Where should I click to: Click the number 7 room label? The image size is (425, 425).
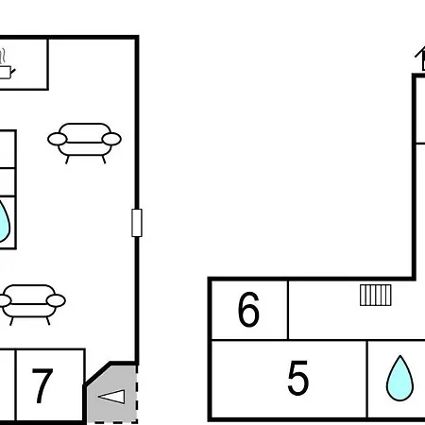(x=42, y=385)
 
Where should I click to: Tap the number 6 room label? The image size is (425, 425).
(x=248, y=309)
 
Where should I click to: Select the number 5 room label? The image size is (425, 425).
(x=298, y=378)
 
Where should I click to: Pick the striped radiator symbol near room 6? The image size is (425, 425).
(x=376, y=295)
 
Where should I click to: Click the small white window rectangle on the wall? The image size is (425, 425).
(x=137, y=223)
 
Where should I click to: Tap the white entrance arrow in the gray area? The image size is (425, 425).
(x=111, y=397)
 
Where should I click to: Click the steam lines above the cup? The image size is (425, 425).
(x=3, y=56)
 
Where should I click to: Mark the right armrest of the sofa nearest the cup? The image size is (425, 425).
(x=111, y=139)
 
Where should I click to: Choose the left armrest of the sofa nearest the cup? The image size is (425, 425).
(x=58, y=139)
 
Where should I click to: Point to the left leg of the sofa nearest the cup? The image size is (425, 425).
(x=67, y=160)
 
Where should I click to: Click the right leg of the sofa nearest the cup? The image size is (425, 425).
(x=104, y=160)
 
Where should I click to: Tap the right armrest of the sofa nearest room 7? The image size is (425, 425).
(x=56, y=300)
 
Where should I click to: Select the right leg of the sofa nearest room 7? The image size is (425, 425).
(x=48, y=321)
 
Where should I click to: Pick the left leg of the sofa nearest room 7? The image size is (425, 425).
(x=11, y=321)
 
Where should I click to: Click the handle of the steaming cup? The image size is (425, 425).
(x=13, y=72)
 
